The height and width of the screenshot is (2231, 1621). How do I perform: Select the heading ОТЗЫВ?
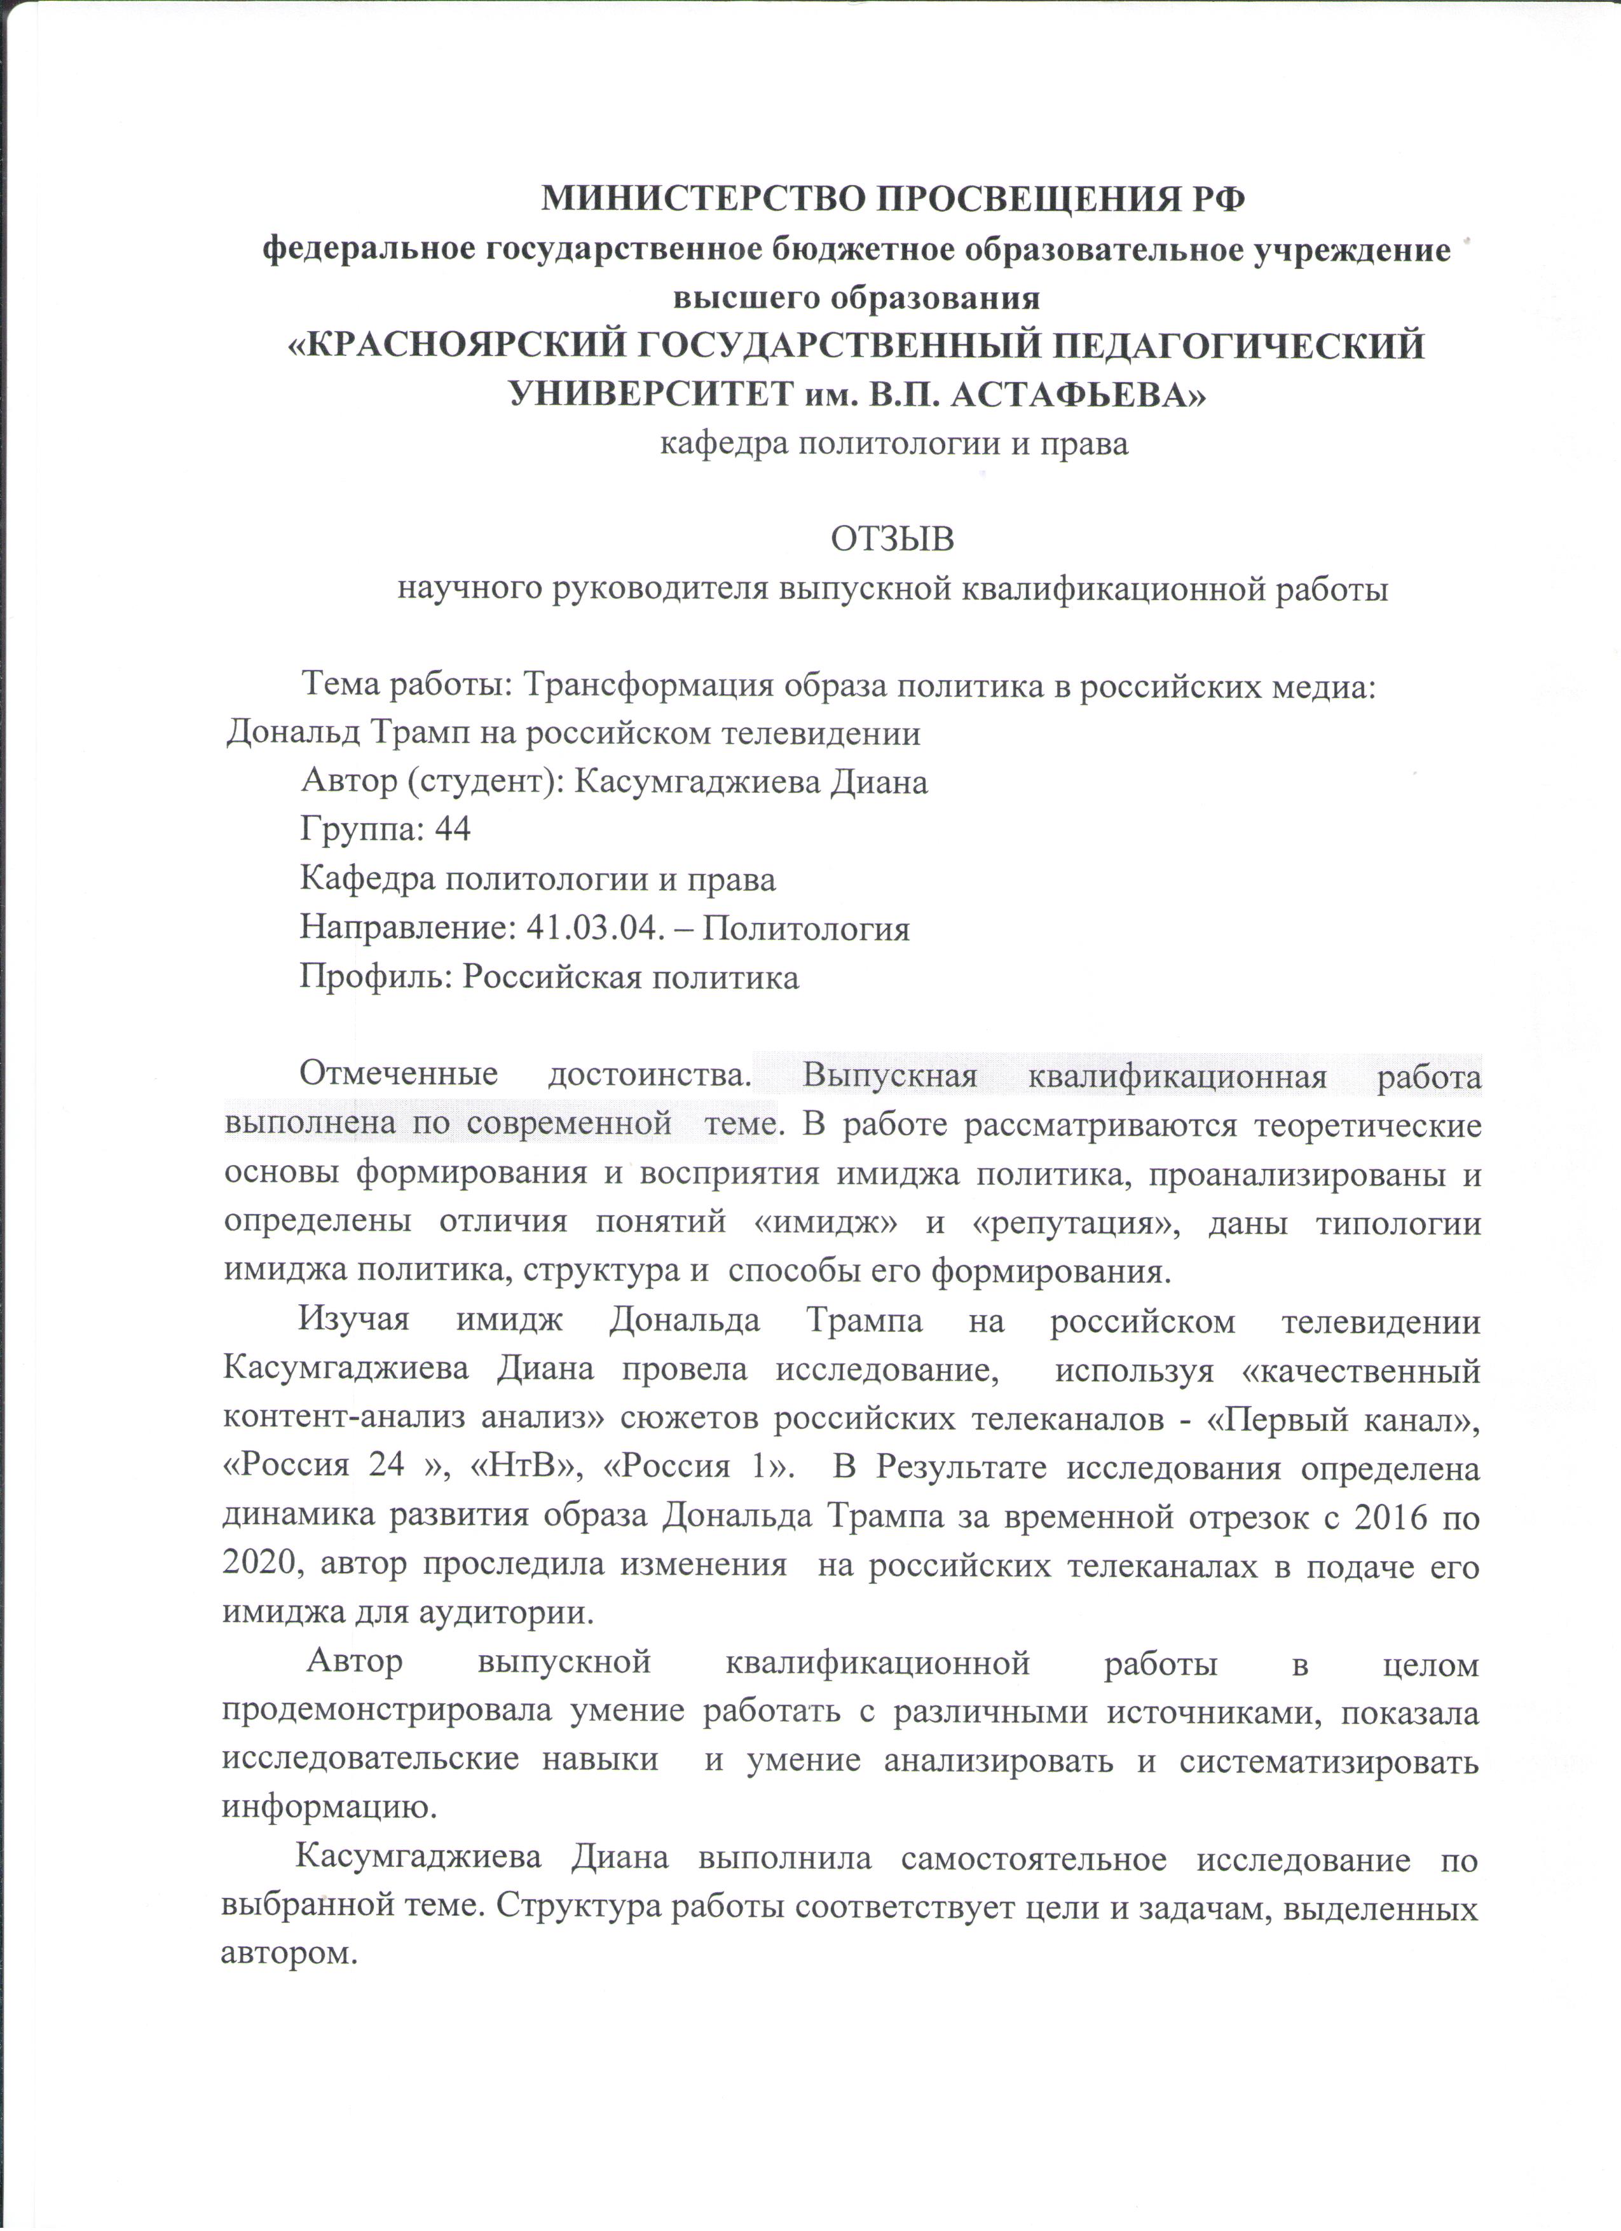892,540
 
